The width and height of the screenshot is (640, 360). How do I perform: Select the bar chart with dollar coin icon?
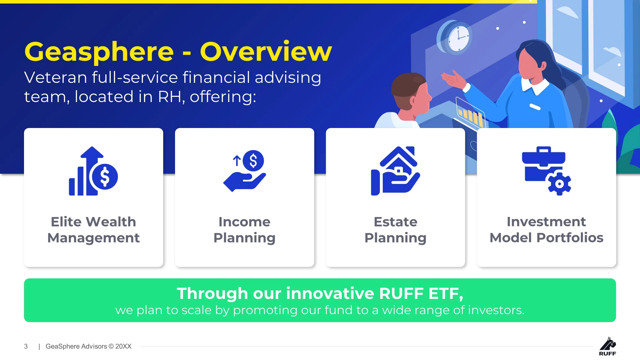click(93, 171)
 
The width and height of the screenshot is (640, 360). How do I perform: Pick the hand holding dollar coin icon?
click(244, 171)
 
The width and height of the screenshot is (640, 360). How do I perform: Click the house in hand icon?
click(396, 171)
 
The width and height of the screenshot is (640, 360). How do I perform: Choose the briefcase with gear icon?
click(547, 171)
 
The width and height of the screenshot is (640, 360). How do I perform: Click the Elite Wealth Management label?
click(93, 230)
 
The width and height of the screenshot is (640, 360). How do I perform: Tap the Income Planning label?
click(244, 230)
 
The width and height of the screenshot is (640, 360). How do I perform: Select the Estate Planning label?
click(396, 230)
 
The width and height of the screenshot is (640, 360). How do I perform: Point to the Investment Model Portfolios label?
click(547, 230)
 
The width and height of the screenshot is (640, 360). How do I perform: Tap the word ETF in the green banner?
click(444, 293)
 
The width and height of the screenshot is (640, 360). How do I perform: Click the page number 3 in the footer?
click(26, 346)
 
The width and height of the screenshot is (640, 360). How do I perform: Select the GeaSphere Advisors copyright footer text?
click(89, 346)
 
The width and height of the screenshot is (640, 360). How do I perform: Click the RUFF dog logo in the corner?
click(607, 346)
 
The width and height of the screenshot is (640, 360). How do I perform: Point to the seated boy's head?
click(411, 94)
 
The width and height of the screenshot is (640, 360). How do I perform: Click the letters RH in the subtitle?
click(172, 96)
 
